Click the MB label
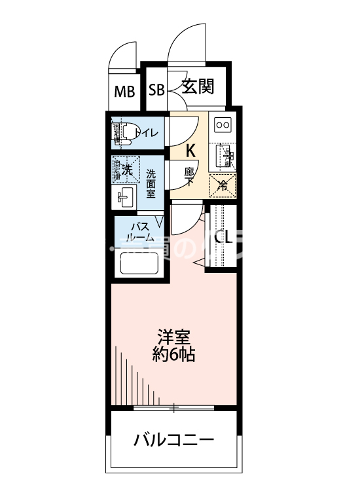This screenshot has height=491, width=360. pos(124,91)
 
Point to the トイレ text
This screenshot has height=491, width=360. pos(146,133)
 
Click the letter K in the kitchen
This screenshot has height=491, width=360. pos(190,150)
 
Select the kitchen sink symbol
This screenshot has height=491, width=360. pos(223,156)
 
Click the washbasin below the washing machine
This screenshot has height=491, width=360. pos(125,196)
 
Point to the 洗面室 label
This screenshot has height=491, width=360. pos(151,184)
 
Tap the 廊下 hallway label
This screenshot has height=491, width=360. pos(190,176)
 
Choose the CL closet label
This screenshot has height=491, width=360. pos(223,236)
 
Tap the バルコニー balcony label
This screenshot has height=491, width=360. pos(173,439)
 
